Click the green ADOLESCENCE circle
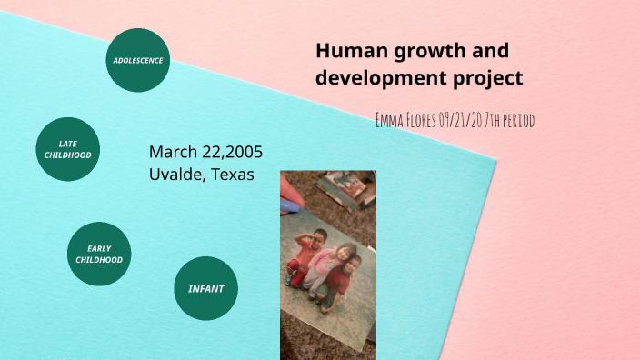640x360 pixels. click(138, 60)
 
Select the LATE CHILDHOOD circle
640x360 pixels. click(67, 149)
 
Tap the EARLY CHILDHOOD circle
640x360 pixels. click(99, 254)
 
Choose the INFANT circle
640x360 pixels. click(205, 289)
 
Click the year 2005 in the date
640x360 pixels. click(241, 151)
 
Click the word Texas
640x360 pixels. click(232, 174)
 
